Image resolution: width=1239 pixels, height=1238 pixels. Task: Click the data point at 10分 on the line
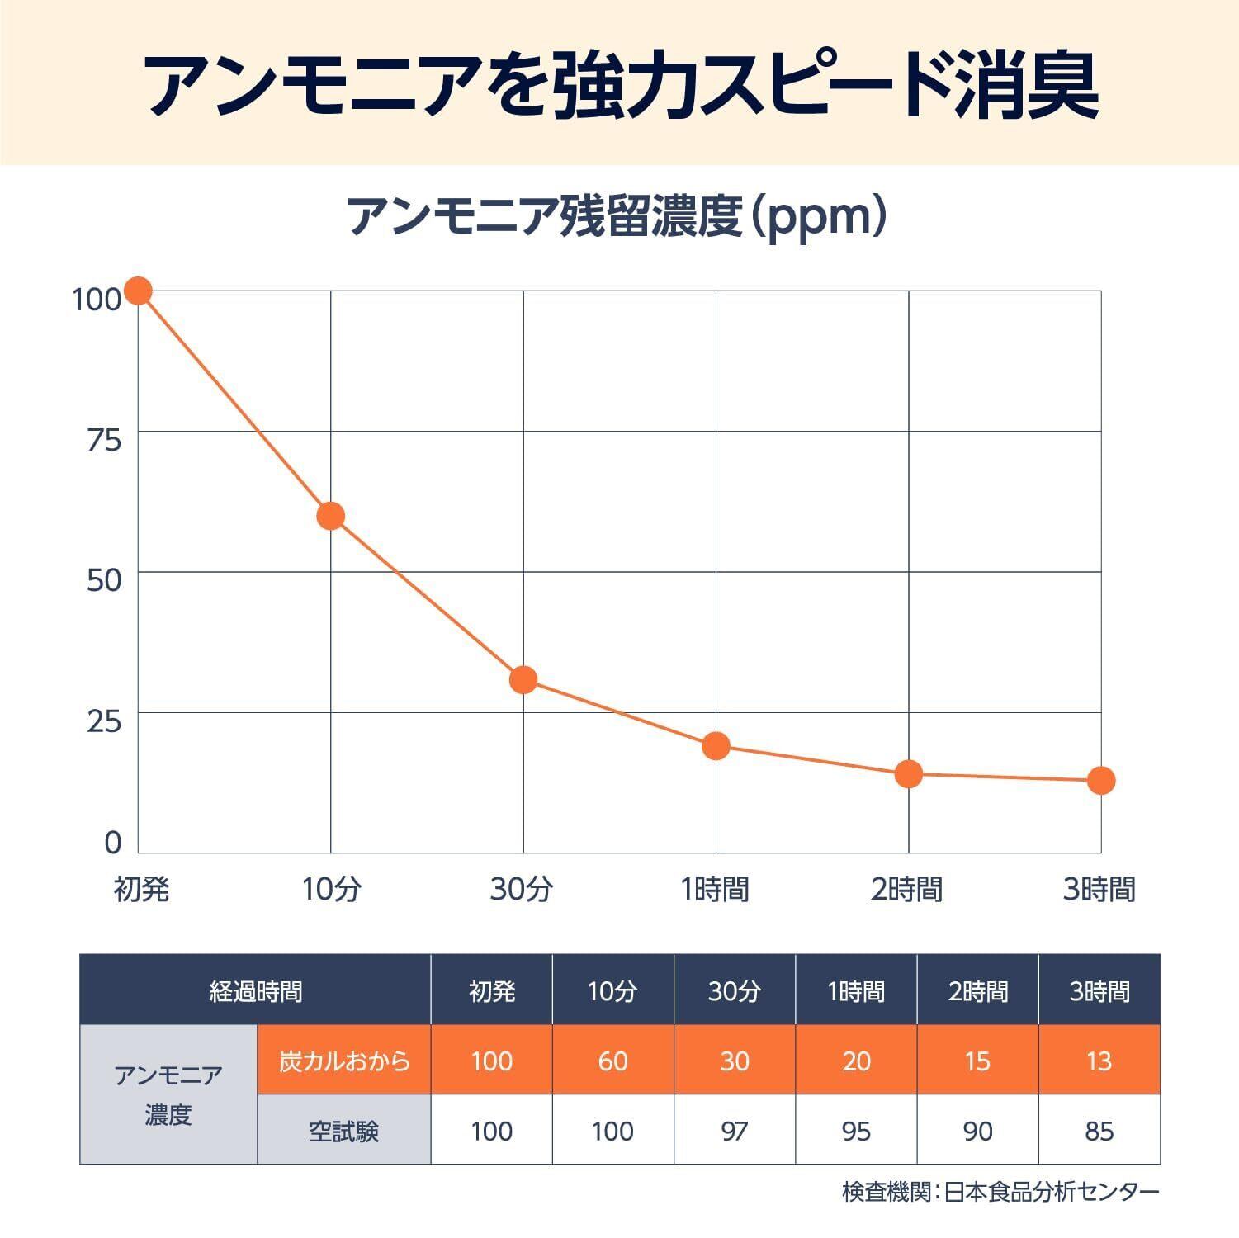[330, 516]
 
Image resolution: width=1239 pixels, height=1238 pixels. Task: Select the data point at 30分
[523, 679]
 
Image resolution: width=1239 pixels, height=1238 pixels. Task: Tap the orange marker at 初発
[138, 291]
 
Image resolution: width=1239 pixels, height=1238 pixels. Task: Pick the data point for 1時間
[716, 746]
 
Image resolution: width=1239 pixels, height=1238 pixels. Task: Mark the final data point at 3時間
[1101, 780]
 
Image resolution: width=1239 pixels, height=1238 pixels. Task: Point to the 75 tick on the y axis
[104, 440]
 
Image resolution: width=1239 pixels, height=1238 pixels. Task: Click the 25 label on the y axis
[104, 721]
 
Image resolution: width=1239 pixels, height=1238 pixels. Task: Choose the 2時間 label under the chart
[906, 890]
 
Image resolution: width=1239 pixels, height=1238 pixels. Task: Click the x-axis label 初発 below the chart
[141, 890]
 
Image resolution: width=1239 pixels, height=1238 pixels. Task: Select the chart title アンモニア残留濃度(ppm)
[618, 218]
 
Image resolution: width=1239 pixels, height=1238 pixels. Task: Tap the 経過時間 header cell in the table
[255, 990]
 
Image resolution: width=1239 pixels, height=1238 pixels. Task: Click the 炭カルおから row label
[343, 1061]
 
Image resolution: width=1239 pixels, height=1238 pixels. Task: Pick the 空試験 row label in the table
[343, 1131]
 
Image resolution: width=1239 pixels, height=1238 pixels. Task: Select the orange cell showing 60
[612, 1061]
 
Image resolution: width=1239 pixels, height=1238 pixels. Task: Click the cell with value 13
[1099, 1061]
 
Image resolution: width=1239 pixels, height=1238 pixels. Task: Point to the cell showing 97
[734, 1131]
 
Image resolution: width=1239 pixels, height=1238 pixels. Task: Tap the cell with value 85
[1099, 1131]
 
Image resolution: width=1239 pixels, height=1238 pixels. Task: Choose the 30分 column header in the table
[734, 990]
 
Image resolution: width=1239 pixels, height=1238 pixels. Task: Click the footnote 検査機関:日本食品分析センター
[1000, 1192]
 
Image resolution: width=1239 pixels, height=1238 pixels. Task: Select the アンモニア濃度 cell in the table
[168, 1095]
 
